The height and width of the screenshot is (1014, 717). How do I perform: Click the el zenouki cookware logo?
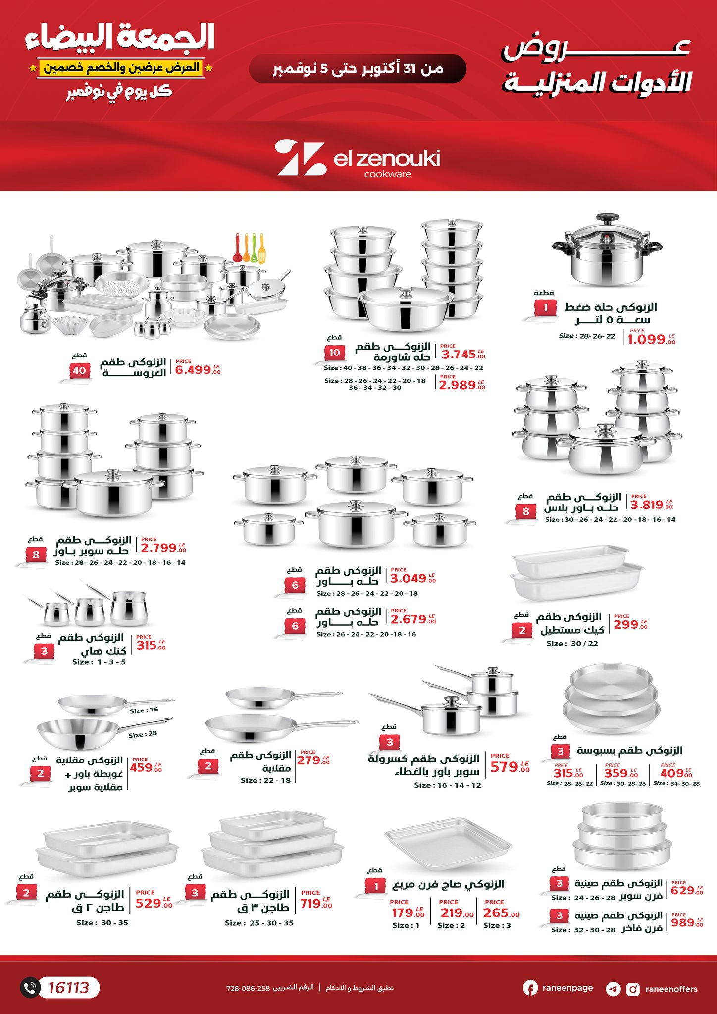(x=358, y=158)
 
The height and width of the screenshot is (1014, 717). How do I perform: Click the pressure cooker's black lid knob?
(x=607, y=218)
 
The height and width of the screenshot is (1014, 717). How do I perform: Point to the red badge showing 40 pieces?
(x=79, y=370)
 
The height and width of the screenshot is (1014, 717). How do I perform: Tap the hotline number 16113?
(x=68, y=988)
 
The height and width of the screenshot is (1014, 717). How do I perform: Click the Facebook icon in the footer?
(x=530, y=988)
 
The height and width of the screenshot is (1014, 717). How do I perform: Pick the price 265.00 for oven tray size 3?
(x=502, y=913)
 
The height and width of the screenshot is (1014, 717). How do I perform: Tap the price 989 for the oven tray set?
(x=687, y=922)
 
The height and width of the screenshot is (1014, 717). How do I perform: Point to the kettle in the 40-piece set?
(x=33, y=318)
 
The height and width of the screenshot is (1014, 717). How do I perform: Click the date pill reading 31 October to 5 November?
(x=358, y=69)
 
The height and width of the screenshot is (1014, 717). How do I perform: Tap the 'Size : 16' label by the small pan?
(x=144, y=710)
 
